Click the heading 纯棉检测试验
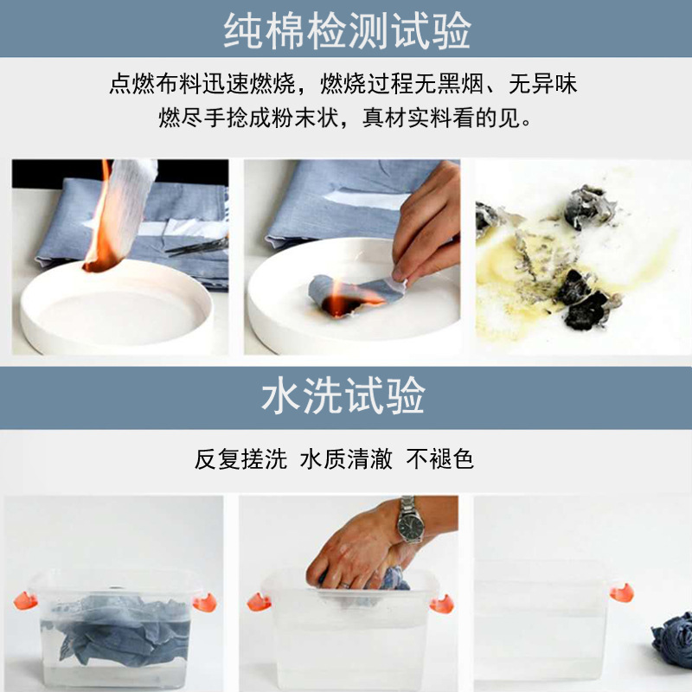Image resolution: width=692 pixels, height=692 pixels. (x=346, y=31)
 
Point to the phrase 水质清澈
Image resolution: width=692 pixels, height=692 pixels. (x=346, y=458)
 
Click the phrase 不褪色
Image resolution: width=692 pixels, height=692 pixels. (x=440, y=458)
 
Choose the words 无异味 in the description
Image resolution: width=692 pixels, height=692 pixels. (x=542, y=84)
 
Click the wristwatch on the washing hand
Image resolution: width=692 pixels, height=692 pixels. (x=409, y=521)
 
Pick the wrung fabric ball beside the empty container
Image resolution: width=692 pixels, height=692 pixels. (x=673, y=640)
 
